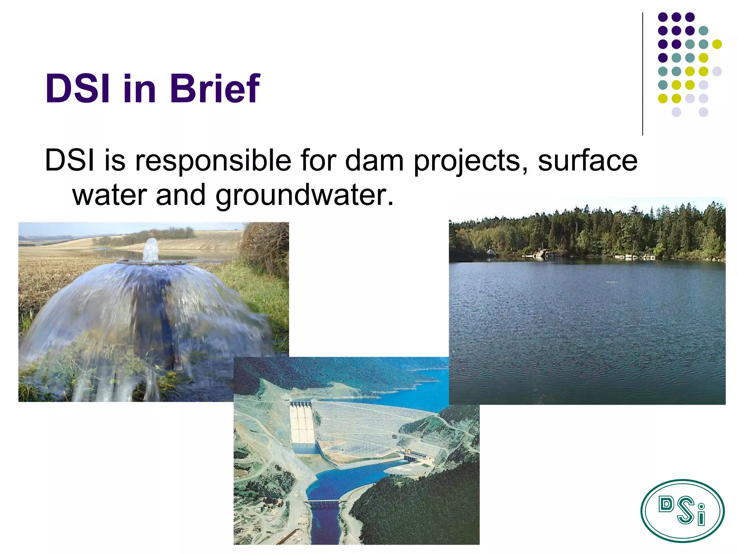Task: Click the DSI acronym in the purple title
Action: click(x=77, y=88)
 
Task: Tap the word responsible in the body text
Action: click(x=213, y=161)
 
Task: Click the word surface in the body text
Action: click(x=587, y=161)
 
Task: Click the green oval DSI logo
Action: click(x=682, y=511)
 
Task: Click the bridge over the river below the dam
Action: click(x=325, y=503)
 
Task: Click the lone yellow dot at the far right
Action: click(x=717, y=44)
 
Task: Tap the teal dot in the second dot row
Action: click(x=703, y=31)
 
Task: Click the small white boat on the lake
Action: click(x=490, y=251)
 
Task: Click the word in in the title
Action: click(x=139, y=88)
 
